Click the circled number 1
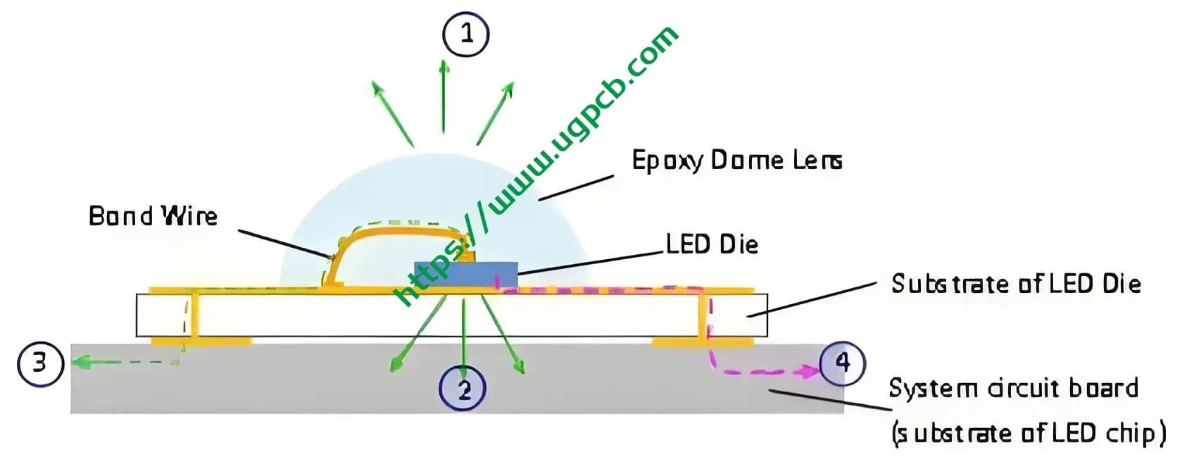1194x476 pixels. tap(465, 33)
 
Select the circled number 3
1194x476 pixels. tap(40, 363)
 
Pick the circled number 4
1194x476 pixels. tap(842, 363)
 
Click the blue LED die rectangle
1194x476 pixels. tap(465, 274)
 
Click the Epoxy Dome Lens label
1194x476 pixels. tap(736, 161)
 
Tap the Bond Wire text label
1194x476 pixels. tap(153, 215)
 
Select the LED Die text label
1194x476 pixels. tap(712, 244)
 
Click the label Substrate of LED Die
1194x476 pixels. tap(1015, 284)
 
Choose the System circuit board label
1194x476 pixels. tap(1013, 388)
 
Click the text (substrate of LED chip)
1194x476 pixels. tap(1028, 432)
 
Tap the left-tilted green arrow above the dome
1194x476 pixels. tap(392, 113)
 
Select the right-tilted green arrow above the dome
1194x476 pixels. tap(495, 113)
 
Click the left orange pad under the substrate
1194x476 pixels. tap(201, 342)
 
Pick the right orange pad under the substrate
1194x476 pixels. tap(701, 342)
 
